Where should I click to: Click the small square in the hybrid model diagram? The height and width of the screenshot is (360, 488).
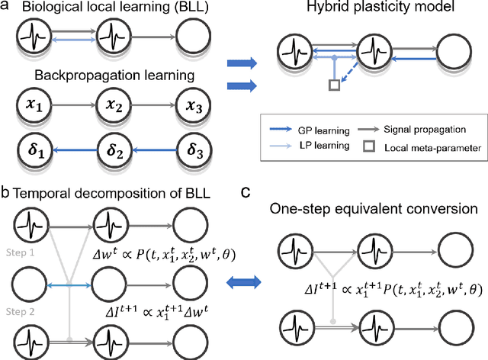click(333, 86)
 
